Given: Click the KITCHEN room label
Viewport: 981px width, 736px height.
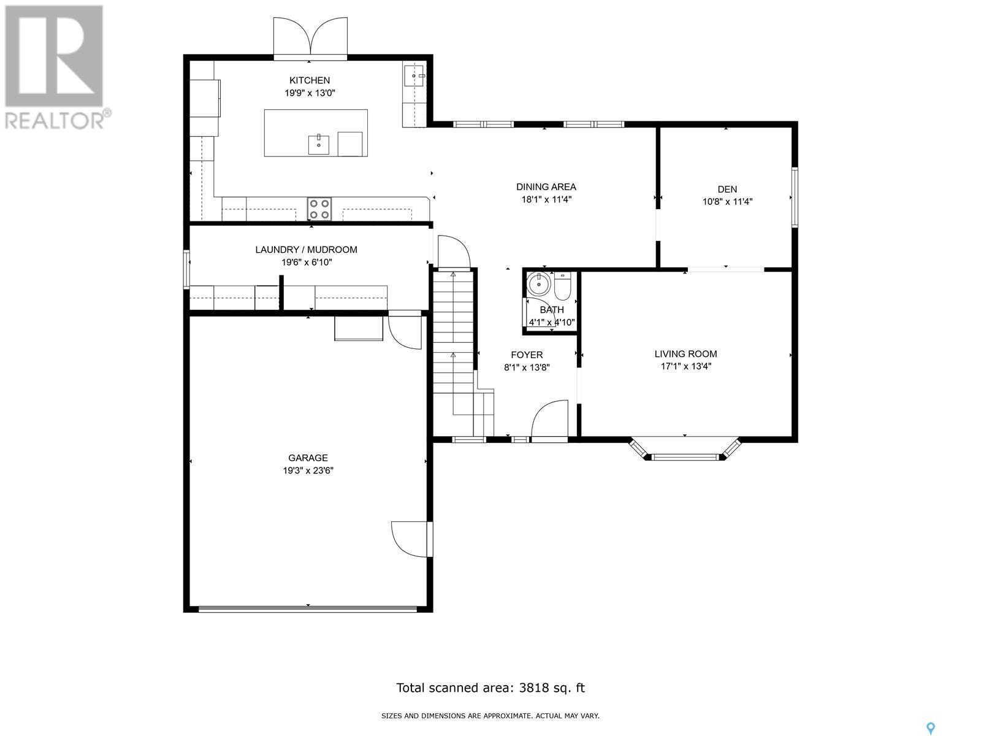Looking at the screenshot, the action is click(x=309, y=80).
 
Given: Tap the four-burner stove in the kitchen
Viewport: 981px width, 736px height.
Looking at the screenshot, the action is click(x=319, y=209).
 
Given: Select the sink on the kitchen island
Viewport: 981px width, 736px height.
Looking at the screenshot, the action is click(x=319, y=144).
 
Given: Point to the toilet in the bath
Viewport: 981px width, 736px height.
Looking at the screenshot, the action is click(x=562, y=286).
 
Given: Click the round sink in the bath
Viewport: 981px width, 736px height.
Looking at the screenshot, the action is click(x=538, y=284).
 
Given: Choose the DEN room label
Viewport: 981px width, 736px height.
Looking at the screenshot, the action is click(x=727, y=189).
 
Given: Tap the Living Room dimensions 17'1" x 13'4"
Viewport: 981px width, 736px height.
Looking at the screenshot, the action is click(x=685, y=366).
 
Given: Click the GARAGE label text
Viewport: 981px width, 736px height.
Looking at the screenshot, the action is click(x=308, y=458).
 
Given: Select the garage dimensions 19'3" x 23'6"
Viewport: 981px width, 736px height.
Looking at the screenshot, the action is click(x=308, y=470).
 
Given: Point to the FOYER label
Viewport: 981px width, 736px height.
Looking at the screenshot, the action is click(x=527, y=355).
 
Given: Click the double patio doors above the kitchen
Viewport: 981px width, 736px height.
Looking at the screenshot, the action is click(x=310, y=38).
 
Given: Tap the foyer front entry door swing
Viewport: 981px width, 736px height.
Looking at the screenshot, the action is click(x=549, y=419).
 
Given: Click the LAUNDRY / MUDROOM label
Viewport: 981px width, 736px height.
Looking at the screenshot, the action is click(x=306, y=250).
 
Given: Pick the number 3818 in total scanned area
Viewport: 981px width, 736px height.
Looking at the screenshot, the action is click(x=533, y=688).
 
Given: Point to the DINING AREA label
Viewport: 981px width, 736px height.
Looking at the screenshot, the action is click(x=546, y=187).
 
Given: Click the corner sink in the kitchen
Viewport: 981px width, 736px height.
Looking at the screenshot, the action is click(x=414, y=76).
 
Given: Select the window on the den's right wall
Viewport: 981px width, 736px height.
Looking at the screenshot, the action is click(x=795, y=197).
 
